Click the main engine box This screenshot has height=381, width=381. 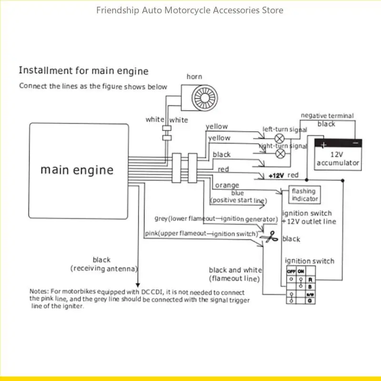(x=79, y=170)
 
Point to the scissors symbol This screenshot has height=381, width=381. (x=271, y=236)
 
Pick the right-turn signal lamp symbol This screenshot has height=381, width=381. (x=281, y=153)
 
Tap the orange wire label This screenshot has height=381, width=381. (x=227, y=185)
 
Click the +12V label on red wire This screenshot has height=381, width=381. (x=276, y=176)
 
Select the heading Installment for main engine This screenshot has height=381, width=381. (x=83, y=71)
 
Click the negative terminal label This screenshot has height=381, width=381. (x=327, y=116)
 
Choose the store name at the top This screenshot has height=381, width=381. (x=190, y=10)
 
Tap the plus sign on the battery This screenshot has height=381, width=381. (x=323, y=145)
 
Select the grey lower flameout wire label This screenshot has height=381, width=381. (x=216, y=219)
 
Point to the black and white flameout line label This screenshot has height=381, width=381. (x=234, y=274)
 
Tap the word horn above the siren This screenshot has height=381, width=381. (x=194, y=77)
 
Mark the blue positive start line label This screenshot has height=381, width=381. (x=237, y=197)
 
